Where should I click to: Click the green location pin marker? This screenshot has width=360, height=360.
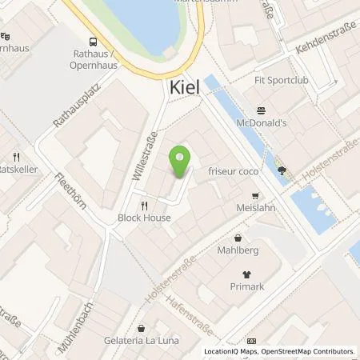(180, 162)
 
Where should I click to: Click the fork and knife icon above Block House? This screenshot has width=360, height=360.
(143, 205)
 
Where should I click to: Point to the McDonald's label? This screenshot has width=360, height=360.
(260, 124)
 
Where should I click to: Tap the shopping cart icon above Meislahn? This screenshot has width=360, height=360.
(255, 195)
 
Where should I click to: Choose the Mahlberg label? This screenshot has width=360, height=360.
(238, 250)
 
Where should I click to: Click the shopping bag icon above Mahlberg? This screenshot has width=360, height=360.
(238, 238)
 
